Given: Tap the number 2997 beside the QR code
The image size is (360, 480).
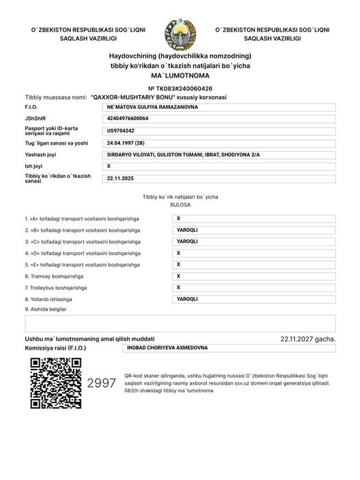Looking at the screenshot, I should click(101, 383).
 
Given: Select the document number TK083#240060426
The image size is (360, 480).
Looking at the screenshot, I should click(180, 88).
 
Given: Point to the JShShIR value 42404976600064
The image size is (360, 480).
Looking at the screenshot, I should click(128, 119).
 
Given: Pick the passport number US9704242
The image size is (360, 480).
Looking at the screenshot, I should click(121, 130).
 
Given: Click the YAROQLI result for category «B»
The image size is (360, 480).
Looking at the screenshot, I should click(187, 230).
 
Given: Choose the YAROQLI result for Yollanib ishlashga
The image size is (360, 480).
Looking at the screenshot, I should click(187, 299).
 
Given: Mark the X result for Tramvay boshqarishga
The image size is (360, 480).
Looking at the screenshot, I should click(178, 276).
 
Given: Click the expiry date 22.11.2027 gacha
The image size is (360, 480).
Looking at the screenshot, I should click(308, 339).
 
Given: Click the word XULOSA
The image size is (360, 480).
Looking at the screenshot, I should click(180, 204).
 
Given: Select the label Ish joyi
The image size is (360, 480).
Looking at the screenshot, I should click(35, 167).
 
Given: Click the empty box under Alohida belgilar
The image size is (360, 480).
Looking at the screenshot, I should click(180, 324).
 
